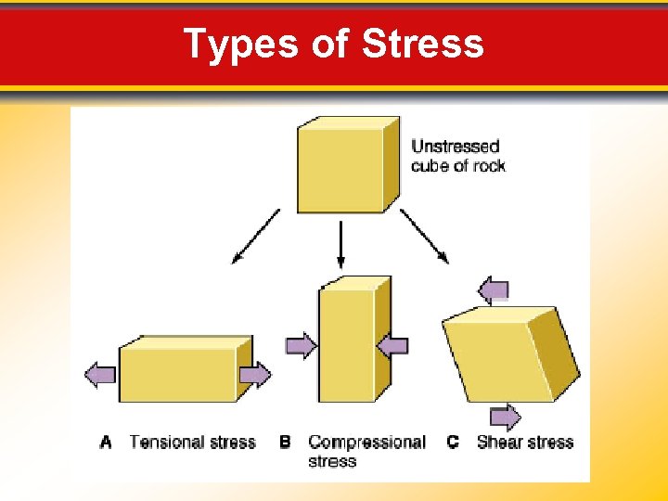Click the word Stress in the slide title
[x=423, y=44]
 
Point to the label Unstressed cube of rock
[x=457, y=156]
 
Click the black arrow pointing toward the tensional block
[x=255, y=236]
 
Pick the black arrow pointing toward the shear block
[x=425, y=236]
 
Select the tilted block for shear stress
[x=509, y=354]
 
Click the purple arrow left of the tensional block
[x=100, y=375]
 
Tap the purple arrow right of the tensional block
[x=255, y=375]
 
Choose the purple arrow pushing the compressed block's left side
[x=301, y=346]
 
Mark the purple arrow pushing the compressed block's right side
[x=393, y=346]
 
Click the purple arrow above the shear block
[x=494, y=290]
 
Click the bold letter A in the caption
[x=106, y=443]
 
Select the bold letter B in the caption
[x=285, y=443]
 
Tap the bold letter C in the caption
[x=453, y=443]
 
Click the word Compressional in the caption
[x=366, y=443]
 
